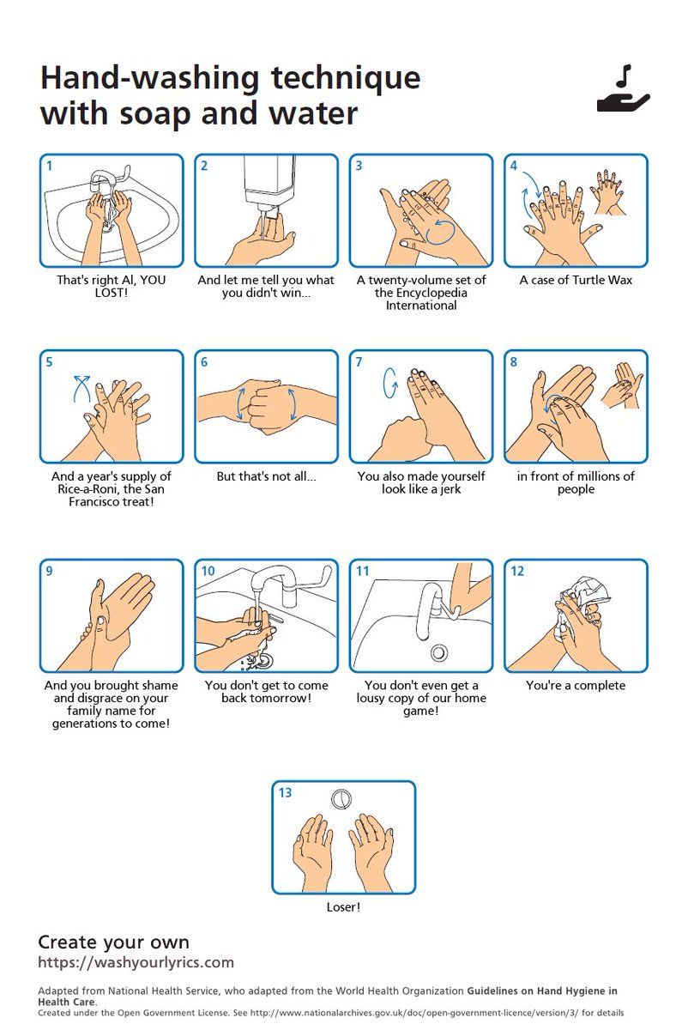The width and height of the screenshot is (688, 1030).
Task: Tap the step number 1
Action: click(x=50, y=166)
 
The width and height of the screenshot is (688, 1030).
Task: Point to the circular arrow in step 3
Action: click(x=440, y=231)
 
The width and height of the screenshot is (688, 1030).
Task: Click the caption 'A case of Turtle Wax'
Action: click(x=576, y=280)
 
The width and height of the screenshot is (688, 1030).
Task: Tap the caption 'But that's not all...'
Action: click(x=266, y=476)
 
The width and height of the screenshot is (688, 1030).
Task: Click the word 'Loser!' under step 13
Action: click(x=343, y=907)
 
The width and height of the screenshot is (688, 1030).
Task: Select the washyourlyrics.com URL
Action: click(x=136, y=962)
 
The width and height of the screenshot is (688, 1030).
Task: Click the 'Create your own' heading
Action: click(x=113, y=942)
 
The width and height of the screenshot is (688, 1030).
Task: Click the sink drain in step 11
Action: click(x=439, y=652)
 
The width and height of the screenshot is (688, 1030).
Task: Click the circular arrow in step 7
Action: click(x=389, y=383)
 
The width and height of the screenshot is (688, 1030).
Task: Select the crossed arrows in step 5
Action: click(x=81, y=389)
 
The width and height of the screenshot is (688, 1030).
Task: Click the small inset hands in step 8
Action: click(x=621, y=385)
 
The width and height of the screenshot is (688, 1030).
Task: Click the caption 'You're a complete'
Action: click(x=576, y=686)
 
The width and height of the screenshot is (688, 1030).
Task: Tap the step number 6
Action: click(x=204, y=362)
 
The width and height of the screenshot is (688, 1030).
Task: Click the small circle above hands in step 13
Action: click(x=341, y=799)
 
